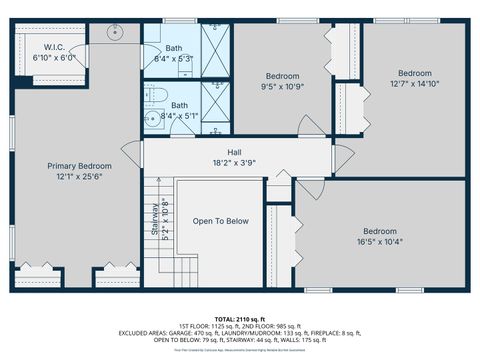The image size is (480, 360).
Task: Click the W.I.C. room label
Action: pyautogui.click(x=50, y=47)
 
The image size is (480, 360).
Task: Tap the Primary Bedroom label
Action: pyautogui.click(x=80, y=166)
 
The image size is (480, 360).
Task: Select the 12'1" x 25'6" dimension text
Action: pyautogui.click(x=80, y=176)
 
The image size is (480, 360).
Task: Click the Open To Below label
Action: pyautogui.click(x=221, y=221)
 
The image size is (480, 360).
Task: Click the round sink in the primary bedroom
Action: pyautogui.click(x=114, y=32)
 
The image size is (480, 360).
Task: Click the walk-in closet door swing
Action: pyautogui.click(x=78, y=51)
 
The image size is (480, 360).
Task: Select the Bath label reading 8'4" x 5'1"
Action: pyautogui.click(x=180, y=110)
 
